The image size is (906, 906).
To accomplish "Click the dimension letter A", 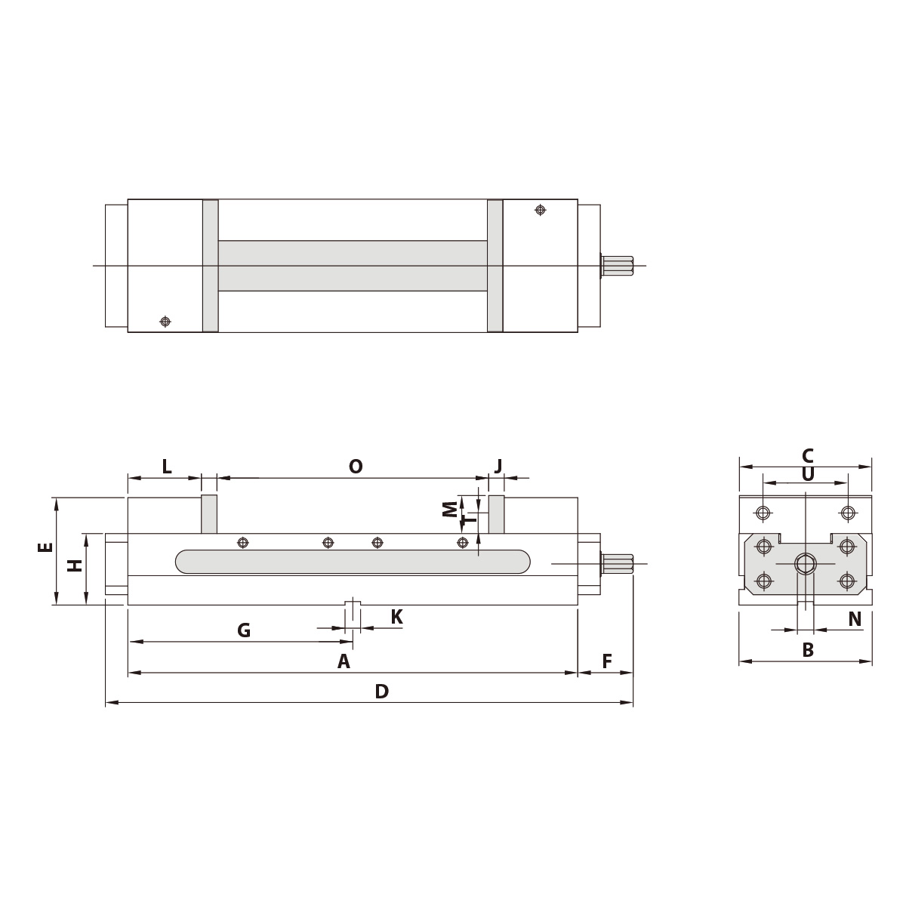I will pos(344,662).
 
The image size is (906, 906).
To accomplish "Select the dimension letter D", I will pos(381,691).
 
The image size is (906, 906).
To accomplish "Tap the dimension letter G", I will pos(244,630).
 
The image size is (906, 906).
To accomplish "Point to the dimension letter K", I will pos(396,618).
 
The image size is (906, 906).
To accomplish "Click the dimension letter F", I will pos(607,662).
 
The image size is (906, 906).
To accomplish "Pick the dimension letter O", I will pos(356,467).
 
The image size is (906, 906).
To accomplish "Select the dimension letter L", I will pos(167,467).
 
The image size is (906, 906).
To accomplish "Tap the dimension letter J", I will pos(498,466).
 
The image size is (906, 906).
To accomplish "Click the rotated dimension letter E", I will pos(45,547).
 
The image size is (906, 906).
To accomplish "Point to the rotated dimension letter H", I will pos(75,565).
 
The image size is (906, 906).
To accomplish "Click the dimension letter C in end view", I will pos(807,455).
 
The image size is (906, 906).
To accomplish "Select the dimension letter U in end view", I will pos(807,474).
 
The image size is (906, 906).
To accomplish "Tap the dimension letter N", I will pos(855,620).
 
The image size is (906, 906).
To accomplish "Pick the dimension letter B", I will pos(807,650).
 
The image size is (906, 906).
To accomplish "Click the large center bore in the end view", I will pos(806,564).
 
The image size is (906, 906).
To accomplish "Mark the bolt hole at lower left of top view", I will pos(165,322).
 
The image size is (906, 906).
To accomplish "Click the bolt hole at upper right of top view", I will pos(540,210).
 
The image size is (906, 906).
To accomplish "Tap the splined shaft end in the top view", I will pos(618,265).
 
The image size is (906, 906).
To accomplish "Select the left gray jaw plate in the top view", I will pos(211,265).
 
